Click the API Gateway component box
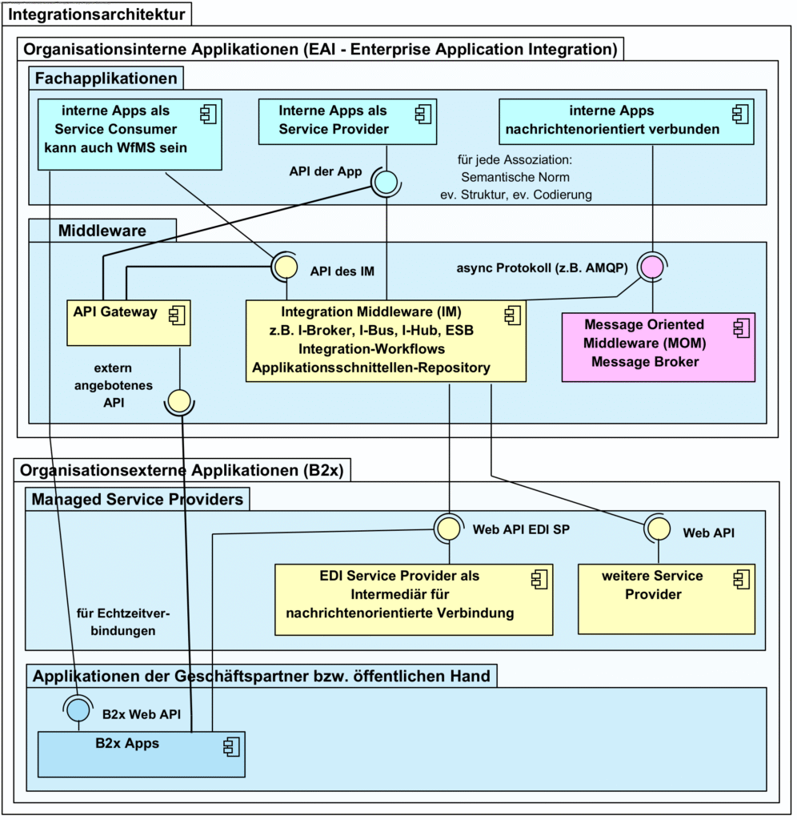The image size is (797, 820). tap(129, 323)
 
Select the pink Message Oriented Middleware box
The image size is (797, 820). tap(658, 348)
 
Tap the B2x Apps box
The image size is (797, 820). tap(141, 754)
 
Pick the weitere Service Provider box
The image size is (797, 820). tap(667, 599)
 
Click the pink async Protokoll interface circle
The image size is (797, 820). tap(652, 267)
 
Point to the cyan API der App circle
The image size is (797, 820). tap(386, 182)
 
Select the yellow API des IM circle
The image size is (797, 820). tap(286, 267)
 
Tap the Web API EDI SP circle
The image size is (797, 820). tap(449, 529)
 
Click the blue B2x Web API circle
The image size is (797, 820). tap(78, 710)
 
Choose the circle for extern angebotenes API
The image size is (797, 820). tap(179, 401)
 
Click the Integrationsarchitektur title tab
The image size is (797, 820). tap(97, 14)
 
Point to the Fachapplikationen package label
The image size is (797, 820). tap(106, 78)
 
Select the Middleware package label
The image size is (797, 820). tap(102, 230)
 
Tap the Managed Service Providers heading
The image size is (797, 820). tap(138, 499)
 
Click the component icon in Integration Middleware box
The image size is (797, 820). tap(513, 315)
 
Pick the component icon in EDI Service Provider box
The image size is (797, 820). tap(539, 579)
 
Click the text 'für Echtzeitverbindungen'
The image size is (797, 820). tap(123, 621)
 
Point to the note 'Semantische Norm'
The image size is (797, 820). tap(515, 177)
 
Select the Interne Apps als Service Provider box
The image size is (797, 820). tap(347, 122)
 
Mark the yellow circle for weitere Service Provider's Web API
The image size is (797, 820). tap(658, 529)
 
